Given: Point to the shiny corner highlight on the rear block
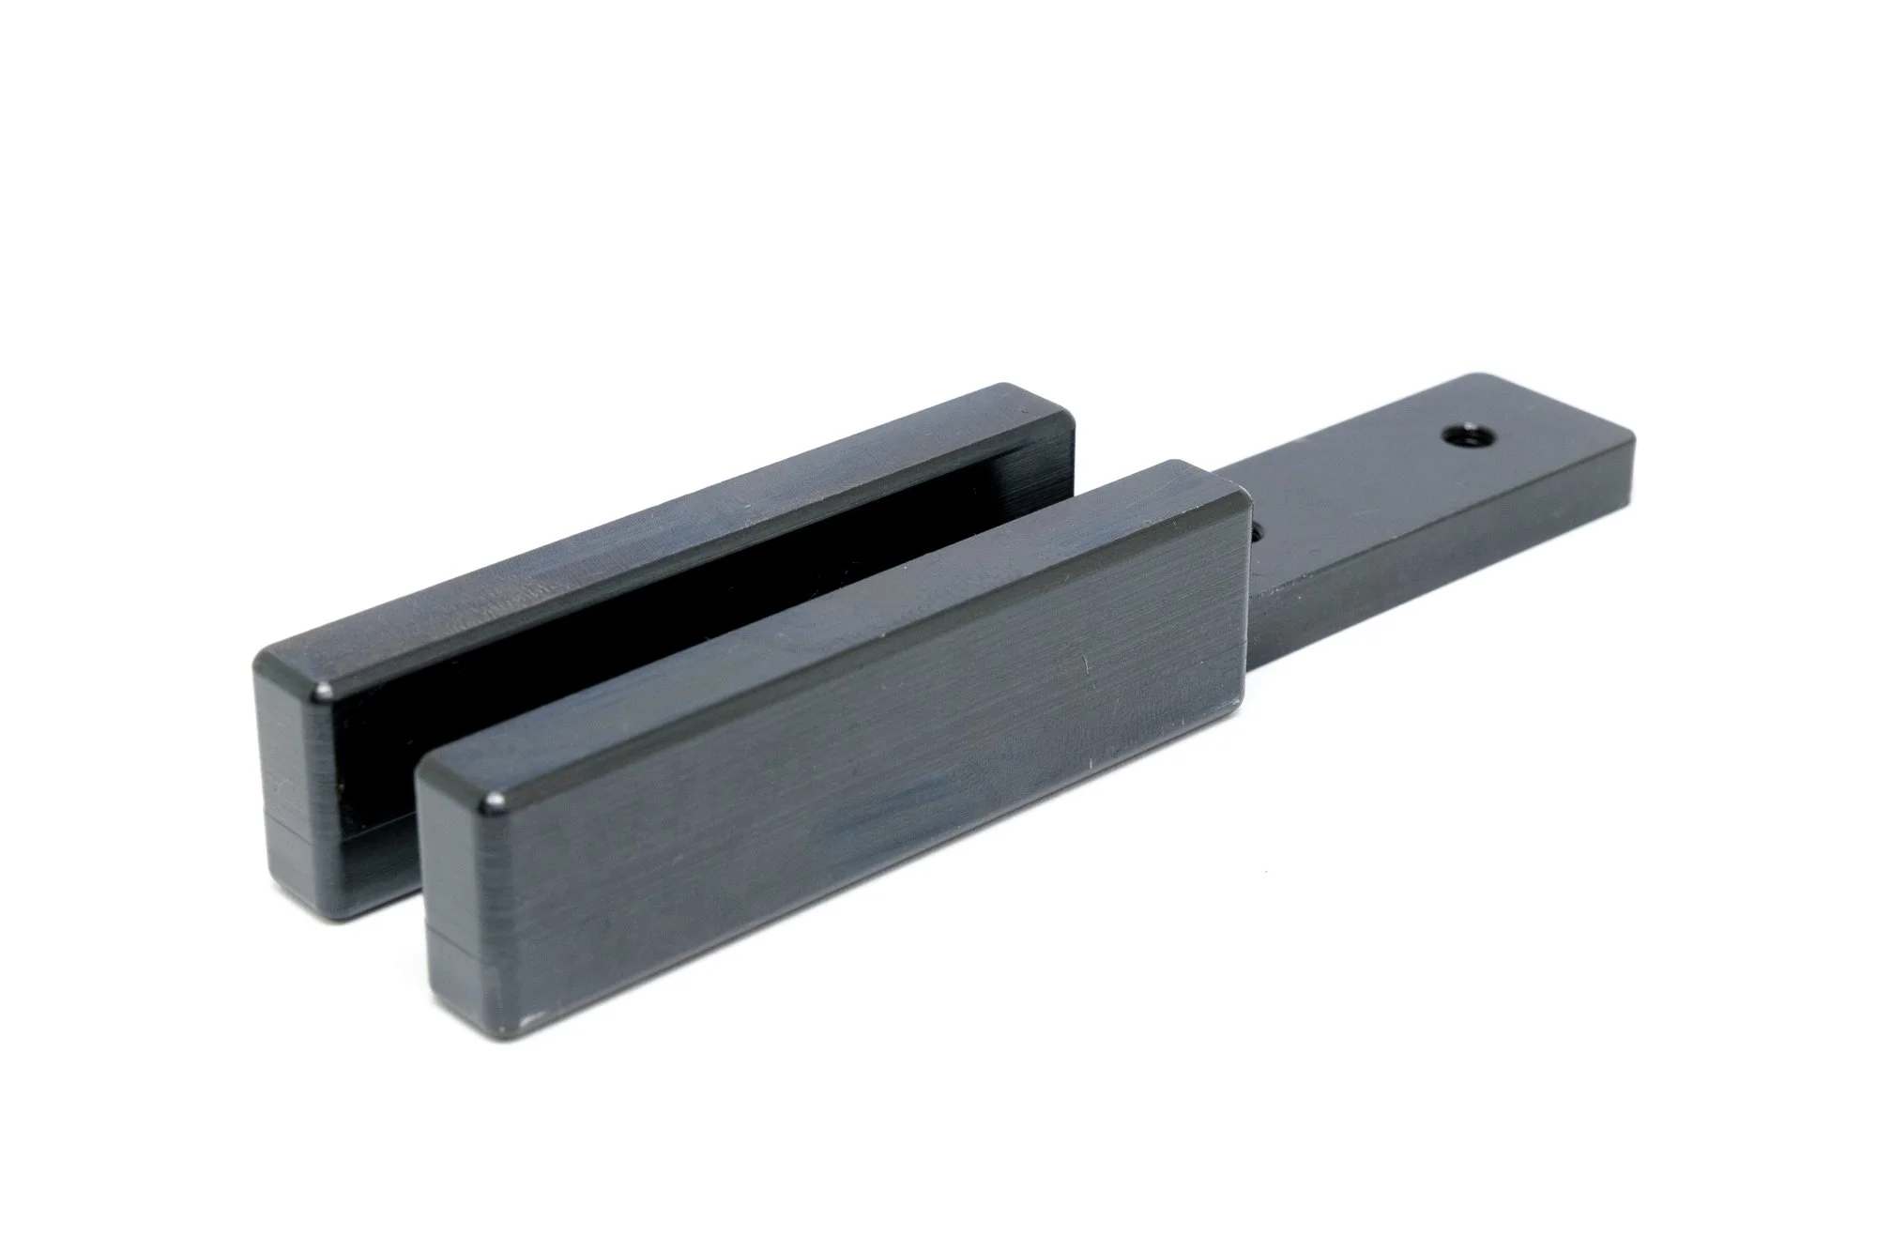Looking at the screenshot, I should (x=325, y=693).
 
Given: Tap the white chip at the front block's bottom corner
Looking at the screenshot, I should (x=529, y=1015).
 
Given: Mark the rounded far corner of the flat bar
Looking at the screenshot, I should (x=1628, y=439).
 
